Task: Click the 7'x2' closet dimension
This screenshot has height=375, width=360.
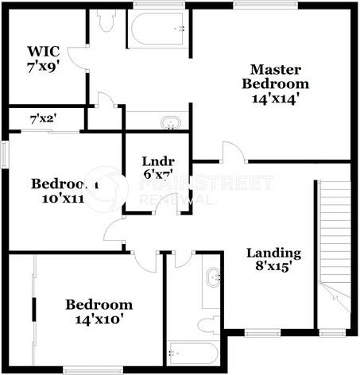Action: (43, 120)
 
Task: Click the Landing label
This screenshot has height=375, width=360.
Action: (273, 253)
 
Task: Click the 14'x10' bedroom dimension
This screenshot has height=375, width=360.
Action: (99, 319)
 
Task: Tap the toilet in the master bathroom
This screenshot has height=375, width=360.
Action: (106, 21)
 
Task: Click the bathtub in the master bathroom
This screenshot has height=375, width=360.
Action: (159, 30)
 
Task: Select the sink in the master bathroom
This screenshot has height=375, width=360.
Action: (169, 123)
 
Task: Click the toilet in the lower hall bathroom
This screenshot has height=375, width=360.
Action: (208, 325)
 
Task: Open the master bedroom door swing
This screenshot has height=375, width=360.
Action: (231, 153)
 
